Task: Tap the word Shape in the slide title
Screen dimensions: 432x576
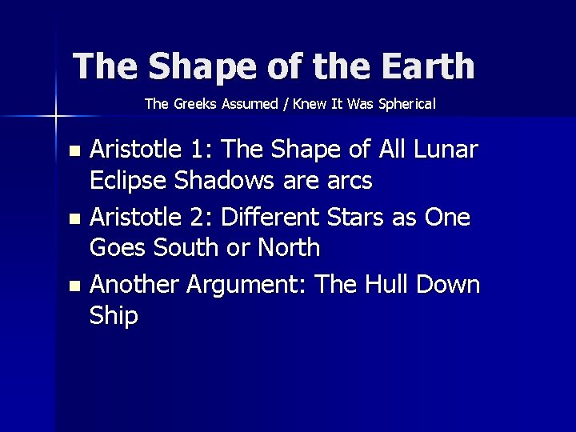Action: (x=189, y=66)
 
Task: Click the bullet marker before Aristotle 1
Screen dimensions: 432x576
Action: (x=74, y=150)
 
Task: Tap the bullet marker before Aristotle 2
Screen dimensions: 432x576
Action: (x=74, y=218)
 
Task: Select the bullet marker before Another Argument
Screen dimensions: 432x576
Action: (x=74, y=286)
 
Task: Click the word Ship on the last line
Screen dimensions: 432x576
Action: (x=114, y=317)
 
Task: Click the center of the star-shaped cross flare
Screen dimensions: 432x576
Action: (x=55, y=117)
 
